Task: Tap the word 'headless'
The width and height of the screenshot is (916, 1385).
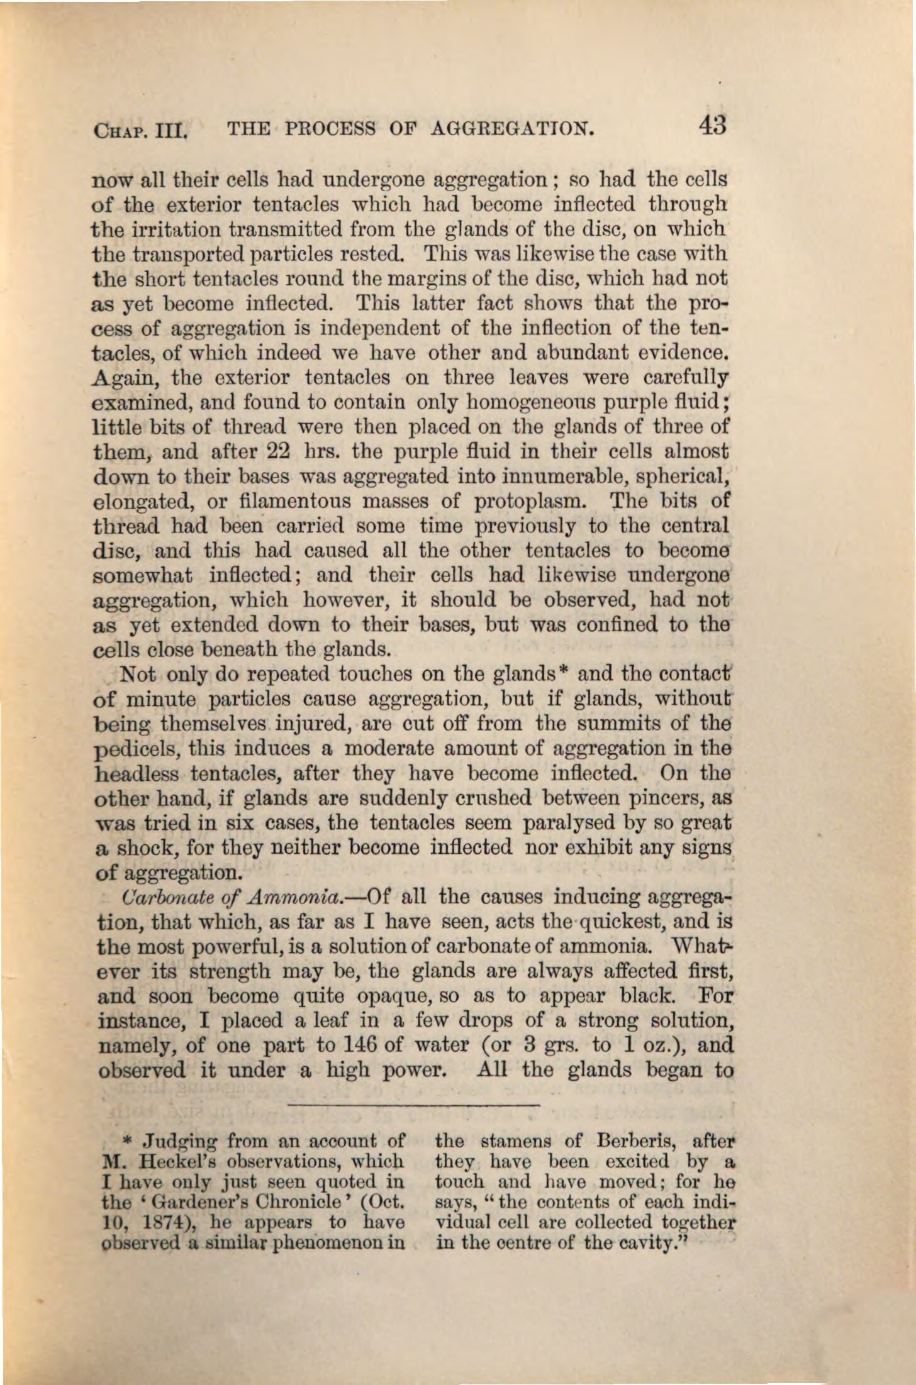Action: tap(137, 773)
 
